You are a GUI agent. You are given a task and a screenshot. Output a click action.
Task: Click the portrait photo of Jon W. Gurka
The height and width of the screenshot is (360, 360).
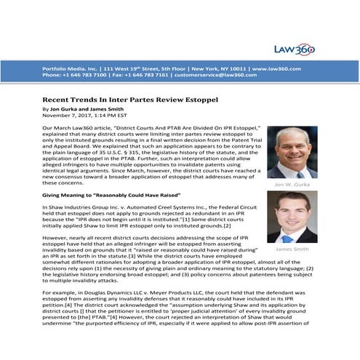[292, 152]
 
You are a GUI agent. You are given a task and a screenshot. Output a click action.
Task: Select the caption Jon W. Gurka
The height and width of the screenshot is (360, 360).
[292, 185]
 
